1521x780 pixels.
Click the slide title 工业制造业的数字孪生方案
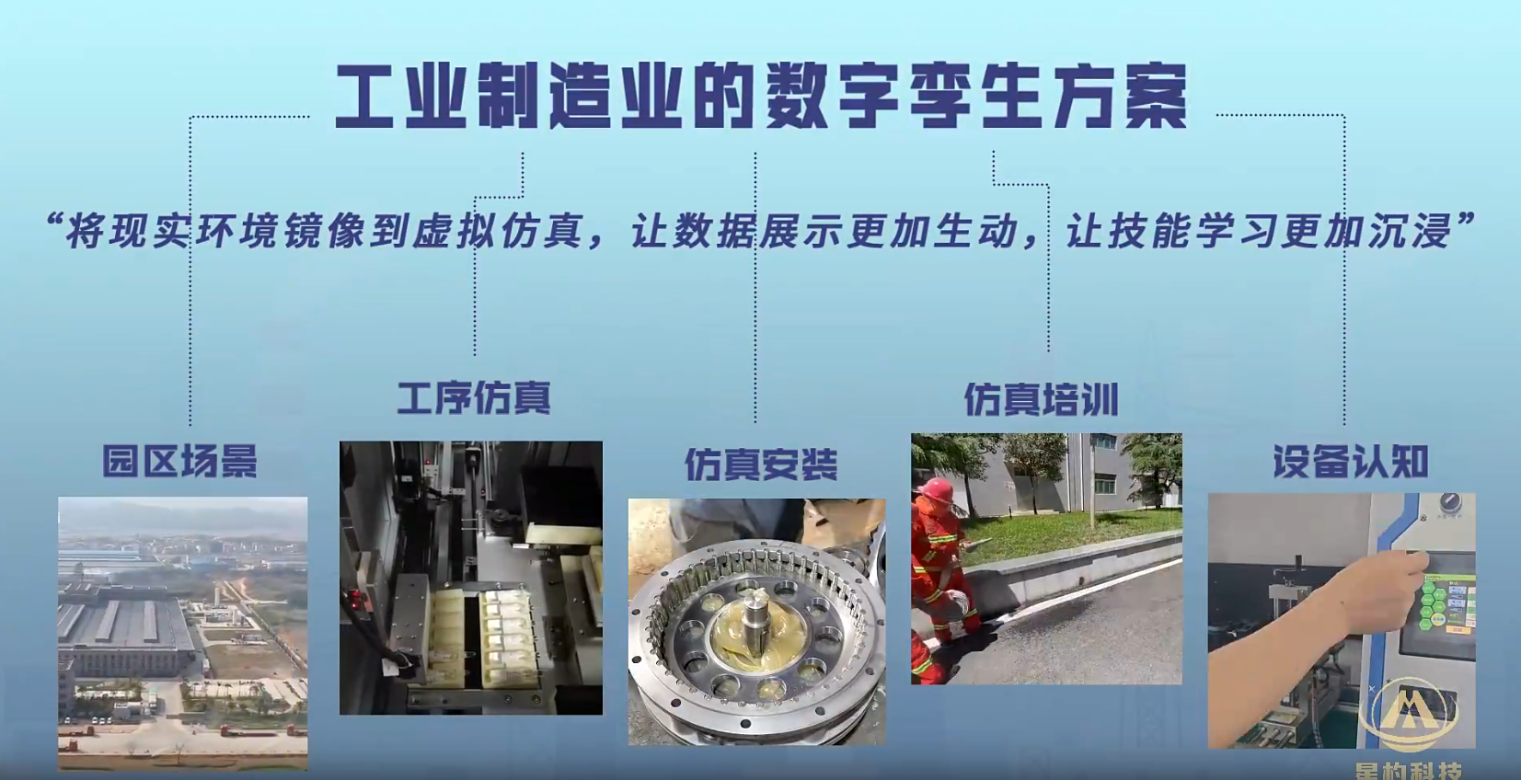pyautogui.click(x=760, y=97)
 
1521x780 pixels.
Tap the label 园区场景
pyautogui.click(x=180, y=461)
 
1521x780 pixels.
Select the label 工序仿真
pyautogui.click(x=474, y=398)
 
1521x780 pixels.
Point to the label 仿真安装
pyautogui.click(x=761, y=465)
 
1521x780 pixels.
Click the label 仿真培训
pyautogui.click(x=1041, y=400)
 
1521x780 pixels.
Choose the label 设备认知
pyautogui.click(x=1350, y=461)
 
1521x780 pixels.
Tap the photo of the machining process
pyautogui.click(x=471, y=578)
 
